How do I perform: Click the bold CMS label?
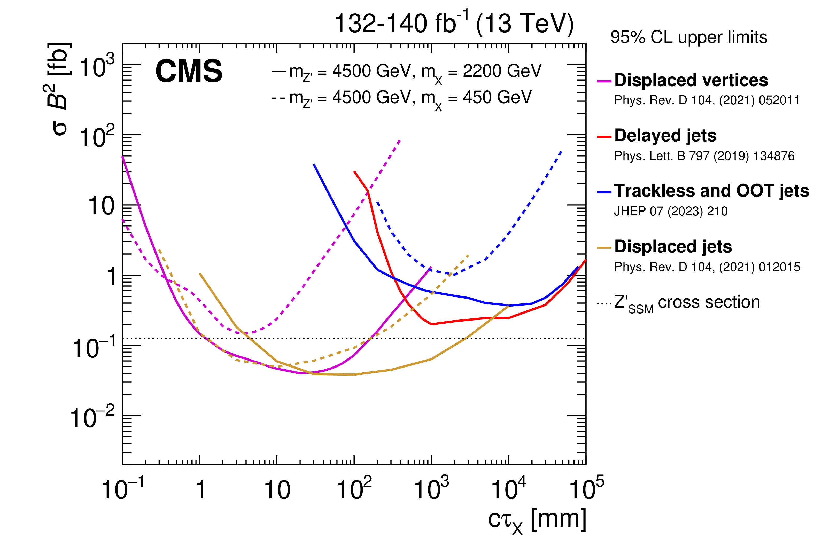pos(189,71)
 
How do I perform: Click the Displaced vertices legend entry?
pos(691,81)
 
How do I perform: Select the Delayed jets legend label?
pos(665,136)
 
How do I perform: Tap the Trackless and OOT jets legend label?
pos(711,191)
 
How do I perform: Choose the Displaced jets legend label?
pos(673,247)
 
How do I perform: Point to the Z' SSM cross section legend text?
pos(686,302)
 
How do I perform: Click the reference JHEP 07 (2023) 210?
pos(671,212)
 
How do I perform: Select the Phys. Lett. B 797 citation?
pos(704,156)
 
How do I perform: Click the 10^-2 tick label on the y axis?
pos(92,417)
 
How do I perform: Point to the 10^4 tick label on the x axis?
pos(508,489)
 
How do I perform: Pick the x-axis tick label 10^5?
pos(586,489)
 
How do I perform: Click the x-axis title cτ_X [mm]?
pos(537,520)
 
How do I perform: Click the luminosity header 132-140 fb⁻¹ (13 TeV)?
pos(454,24)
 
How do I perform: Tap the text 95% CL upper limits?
pos(688,37)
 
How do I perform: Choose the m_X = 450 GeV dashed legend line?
pos(401,98)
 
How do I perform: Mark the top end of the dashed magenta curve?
pos(400,140)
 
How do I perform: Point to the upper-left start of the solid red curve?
pos(354,172)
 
